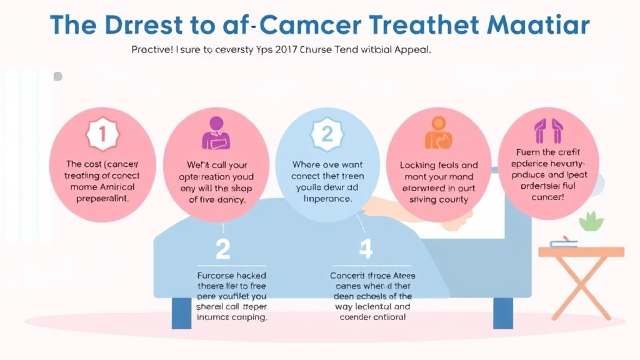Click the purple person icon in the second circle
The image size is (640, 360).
click(216, 132)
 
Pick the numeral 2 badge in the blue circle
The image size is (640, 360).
click(327, 133)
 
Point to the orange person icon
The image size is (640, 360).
click(438, 132)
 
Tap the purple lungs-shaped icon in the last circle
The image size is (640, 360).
click(548, 131)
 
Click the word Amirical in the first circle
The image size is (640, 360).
click(113, 187)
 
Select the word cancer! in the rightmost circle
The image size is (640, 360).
click(548, 197)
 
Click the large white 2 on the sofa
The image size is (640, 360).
click(223, 249)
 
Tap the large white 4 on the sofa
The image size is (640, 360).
click(366, 249)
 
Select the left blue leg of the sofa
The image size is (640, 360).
click(181, 312)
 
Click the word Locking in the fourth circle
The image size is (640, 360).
click(420, 166)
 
